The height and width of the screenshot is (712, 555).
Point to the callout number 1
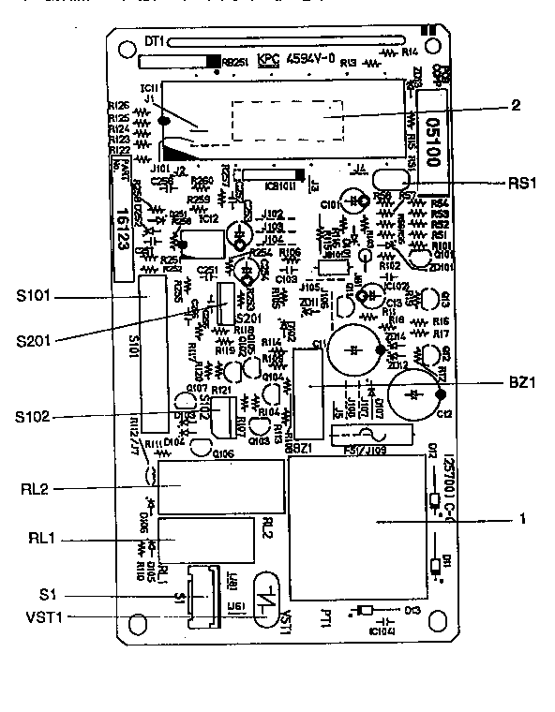tap(522, 517)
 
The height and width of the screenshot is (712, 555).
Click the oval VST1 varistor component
tap(268, 594)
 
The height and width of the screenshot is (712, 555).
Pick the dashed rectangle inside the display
tap(285, 122)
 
